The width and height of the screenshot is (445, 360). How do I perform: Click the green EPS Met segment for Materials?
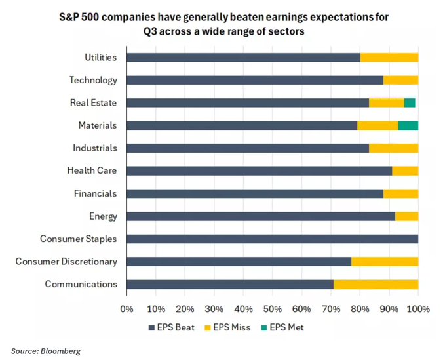click(x=408, y=125)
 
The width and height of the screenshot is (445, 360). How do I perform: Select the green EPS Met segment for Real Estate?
click(x=410, y=103)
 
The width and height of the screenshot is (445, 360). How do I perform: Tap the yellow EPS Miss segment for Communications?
click(x=376, y=284)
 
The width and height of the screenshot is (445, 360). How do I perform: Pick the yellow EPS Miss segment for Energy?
click(x=406, y=216)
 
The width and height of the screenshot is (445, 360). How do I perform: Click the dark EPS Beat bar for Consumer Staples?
click(x=272, y=239)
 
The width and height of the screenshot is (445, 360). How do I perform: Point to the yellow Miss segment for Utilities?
click(x=389, y=58)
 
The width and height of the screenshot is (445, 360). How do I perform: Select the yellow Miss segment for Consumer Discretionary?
click(x=385, y=262)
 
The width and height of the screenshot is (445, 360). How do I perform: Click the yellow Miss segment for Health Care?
click(x=405, y=170)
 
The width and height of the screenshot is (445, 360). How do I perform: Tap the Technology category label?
click(x=93, y=80)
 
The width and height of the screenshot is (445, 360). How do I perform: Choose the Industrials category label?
click(x=95, y=148)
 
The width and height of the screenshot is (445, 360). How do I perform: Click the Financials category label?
click(x=95, y=193)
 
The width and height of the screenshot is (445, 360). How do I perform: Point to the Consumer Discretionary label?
click(x=66, y=262)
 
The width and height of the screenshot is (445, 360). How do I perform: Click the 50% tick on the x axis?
click(x=272, y=308)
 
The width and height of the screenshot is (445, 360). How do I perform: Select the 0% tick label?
click(x=126, y=308)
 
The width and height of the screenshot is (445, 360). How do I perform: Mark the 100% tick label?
click(x=418, y=308)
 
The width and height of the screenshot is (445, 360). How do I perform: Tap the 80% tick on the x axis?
click(x=360, y=308)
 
